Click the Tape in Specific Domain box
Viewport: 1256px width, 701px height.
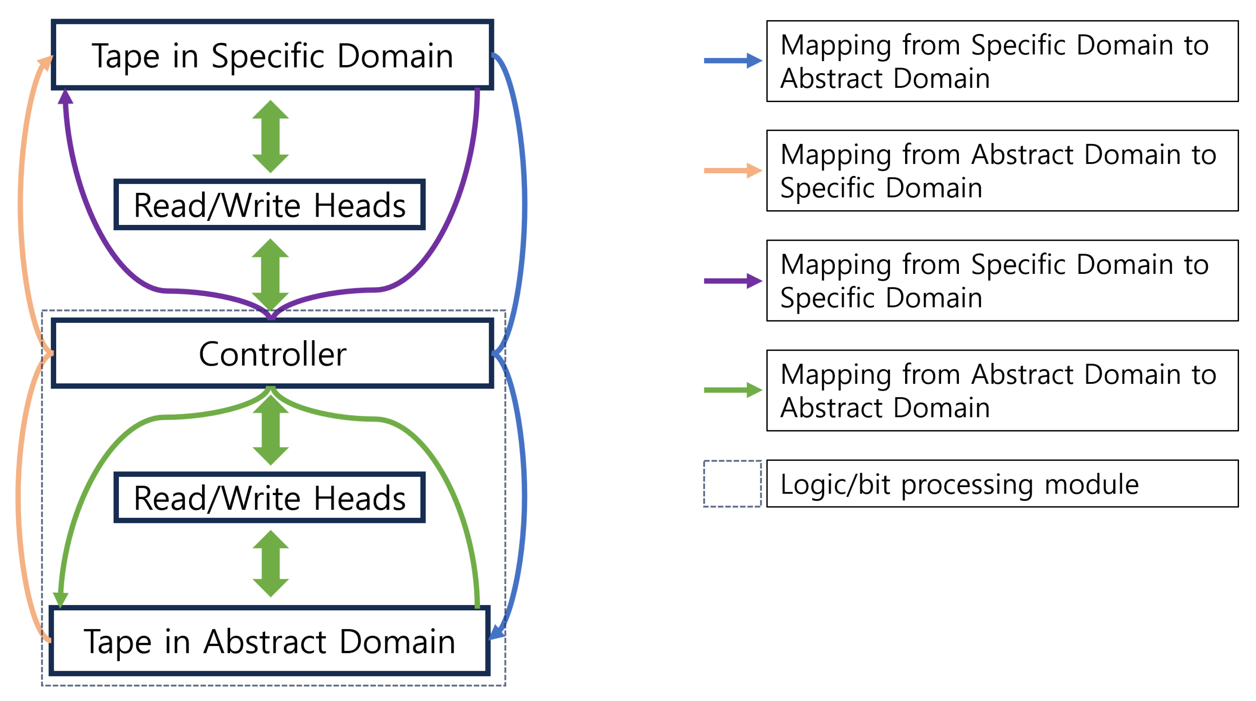tap(272, 55)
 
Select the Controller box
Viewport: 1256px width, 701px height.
tap(272, 353)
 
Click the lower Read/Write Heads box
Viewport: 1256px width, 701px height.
tap(269, 497)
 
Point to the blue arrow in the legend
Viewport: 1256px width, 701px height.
tap(732, 61)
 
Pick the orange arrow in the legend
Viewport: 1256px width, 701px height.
tap(732, 171)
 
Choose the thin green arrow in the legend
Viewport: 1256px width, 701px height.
tap(732, 390)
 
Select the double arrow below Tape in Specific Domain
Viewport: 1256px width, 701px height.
tap(270, 137)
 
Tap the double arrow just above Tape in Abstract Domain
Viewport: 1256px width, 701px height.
tap(270, 563)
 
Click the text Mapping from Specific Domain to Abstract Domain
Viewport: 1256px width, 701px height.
tap(995, 61)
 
